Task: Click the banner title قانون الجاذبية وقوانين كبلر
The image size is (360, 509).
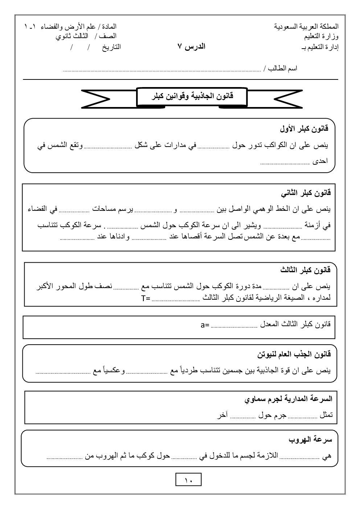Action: click(x=192, y=97)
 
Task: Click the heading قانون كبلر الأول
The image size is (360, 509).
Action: click(x=304, y=128)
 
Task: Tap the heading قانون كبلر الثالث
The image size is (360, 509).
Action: click(x=305, y=270)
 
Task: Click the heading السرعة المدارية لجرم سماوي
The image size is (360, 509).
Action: click(x=289, y=399)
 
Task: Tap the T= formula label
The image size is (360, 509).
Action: click(x=146, y=299)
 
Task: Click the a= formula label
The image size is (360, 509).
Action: click(x=205, y=325)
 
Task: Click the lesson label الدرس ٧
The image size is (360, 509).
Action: click(x=191, y=46)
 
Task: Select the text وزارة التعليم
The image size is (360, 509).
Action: click(x=322, y=36)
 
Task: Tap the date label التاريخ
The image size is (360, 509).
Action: click(x=111, y=47)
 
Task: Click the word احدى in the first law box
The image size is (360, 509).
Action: click(x=320, y=161)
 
